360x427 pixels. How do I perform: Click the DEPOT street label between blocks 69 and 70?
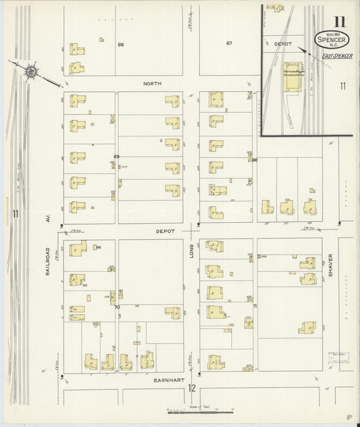pos(165,231)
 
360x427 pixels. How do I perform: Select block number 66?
pos(121,45)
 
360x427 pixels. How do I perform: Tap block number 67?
pos(229,43)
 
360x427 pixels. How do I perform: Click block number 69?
pos(117,157)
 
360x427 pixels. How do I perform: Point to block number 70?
pos(117,307)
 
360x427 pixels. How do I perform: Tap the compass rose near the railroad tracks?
pos(30,70)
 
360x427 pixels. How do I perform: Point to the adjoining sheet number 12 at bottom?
pos(192,388)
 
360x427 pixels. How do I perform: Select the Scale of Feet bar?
pos(201,409)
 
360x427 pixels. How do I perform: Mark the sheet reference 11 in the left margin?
pos(14,214)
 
